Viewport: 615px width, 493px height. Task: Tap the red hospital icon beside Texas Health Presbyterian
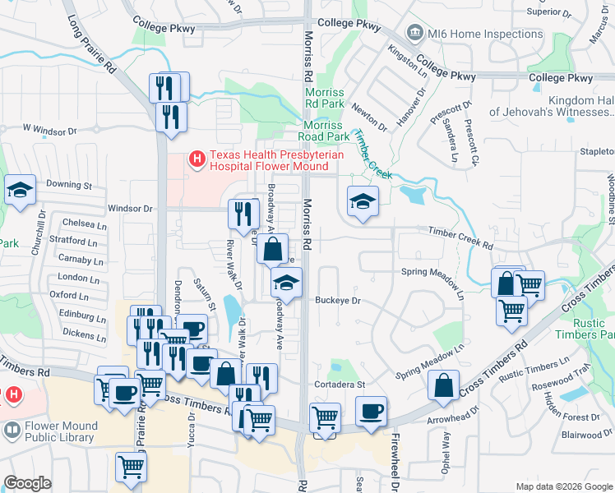(x=197, y=157)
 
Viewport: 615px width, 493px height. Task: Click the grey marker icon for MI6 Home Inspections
(x=415, y=33)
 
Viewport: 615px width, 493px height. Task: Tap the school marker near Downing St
(x=20, y=190)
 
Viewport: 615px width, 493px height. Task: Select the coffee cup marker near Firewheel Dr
(x=371, y=411)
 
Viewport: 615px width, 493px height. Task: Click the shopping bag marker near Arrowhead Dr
(x=443, y=385)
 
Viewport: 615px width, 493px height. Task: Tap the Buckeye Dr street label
(x=338, y=301)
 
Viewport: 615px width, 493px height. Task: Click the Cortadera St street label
(x=338, y=384)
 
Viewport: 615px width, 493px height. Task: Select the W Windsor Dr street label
(x=49, y=130)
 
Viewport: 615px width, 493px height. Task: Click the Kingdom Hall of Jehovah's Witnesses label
(x=553, y=105)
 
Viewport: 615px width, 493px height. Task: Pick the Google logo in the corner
(x=27, y=483)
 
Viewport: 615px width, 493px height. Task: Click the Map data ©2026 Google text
(x=563, y=486)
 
